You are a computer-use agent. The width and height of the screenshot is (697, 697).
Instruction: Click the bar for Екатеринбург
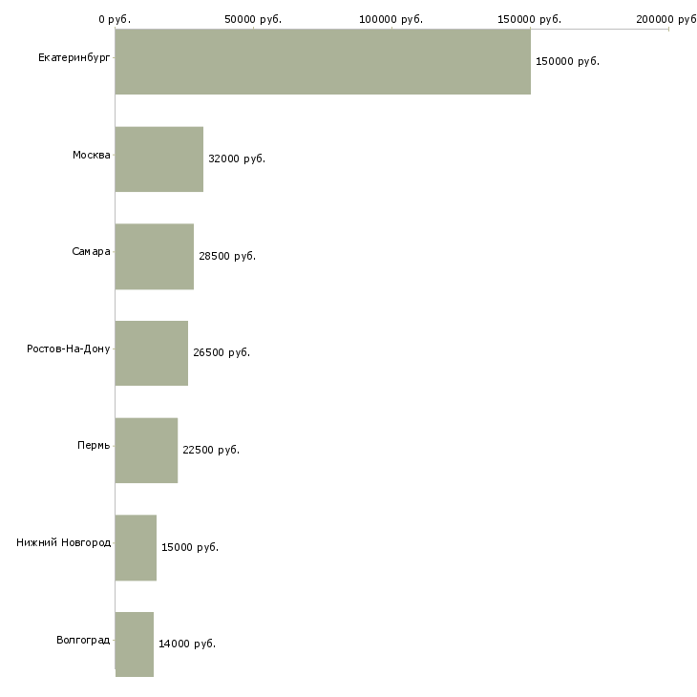pyautogui.click(x=323, y=61)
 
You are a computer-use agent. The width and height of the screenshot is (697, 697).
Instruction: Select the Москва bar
pyautogui.click(x=159, y=159)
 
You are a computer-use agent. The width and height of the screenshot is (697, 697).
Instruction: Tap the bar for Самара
pyautogui.click(x=155, y=257)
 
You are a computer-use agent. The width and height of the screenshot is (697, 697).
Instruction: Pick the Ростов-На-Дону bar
pyautogui.click(x=152, y=353)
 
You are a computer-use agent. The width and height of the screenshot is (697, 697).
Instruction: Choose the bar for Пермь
pyautogui.click(x=146, y=451)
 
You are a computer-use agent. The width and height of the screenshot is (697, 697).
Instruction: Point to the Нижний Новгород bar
pyautogui.click(x=136, y=548)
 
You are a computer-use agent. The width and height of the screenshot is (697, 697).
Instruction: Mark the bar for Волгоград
pyautogui.click(x=135, y=644)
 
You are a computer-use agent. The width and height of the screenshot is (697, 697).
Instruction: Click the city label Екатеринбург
pyautogui.click(x=74, y=58)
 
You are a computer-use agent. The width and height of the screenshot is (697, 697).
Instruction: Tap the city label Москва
pyautogui.click(x=91, y=155)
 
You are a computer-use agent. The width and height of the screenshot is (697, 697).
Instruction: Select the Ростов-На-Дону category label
pyautogui.click(x=68, y=348)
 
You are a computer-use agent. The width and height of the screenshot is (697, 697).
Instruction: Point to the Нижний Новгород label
pyautogui.click(x=63, y=542)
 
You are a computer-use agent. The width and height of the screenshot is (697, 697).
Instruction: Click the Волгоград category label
pyautogui.click(x=83, y=640)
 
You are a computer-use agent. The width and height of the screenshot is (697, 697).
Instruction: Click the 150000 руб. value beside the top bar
pyautogui.click(x=567, y=61)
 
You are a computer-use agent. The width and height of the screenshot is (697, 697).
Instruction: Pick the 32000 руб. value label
pyautogui.click(x=237, y=158)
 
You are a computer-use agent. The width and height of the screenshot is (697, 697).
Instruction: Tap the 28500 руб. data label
pyautogui.click(x=227, y=256)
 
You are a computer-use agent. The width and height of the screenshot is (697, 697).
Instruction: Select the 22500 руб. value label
pyautogui.click(x=211, y=450)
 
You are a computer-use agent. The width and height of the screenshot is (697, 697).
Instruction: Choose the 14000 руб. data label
pyautogui.click(x=187, y=644)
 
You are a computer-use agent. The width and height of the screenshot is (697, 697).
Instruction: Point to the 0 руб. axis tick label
pyautogui.click(x=115, y=19)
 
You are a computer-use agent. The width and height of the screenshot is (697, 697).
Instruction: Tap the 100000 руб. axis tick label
pyautogui.click(x=391, y=19)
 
